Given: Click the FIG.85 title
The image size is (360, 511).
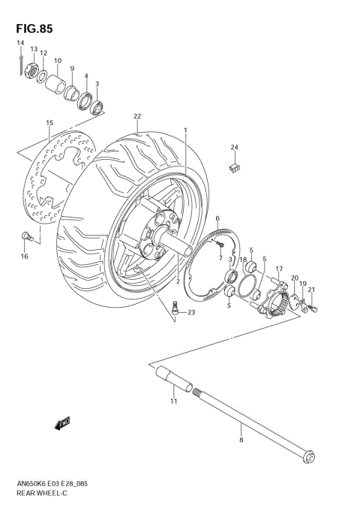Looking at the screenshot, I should coord(34,29).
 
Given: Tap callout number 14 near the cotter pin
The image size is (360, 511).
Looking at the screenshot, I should coord(21,44).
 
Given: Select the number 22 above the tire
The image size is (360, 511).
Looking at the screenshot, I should coord(137,116).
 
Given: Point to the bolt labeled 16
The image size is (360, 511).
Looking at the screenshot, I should coord(26,239).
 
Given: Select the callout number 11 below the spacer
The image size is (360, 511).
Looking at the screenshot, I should coord(172,402).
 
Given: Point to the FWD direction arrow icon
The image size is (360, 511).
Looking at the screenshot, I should coord(63,424).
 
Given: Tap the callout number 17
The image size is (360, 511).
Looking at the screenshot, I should coord(278,269).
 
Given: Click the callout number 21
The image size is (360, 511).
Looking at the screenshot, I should coord(311,290).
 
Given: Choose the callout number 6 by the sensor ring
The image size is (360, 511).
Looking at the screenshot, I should coord(217,218).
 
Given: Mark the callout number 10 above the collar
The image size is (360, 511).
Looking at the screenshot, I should coord(58,61).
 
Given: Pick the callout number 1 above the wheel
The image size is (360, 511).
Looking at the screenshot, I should coord(184,130).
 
